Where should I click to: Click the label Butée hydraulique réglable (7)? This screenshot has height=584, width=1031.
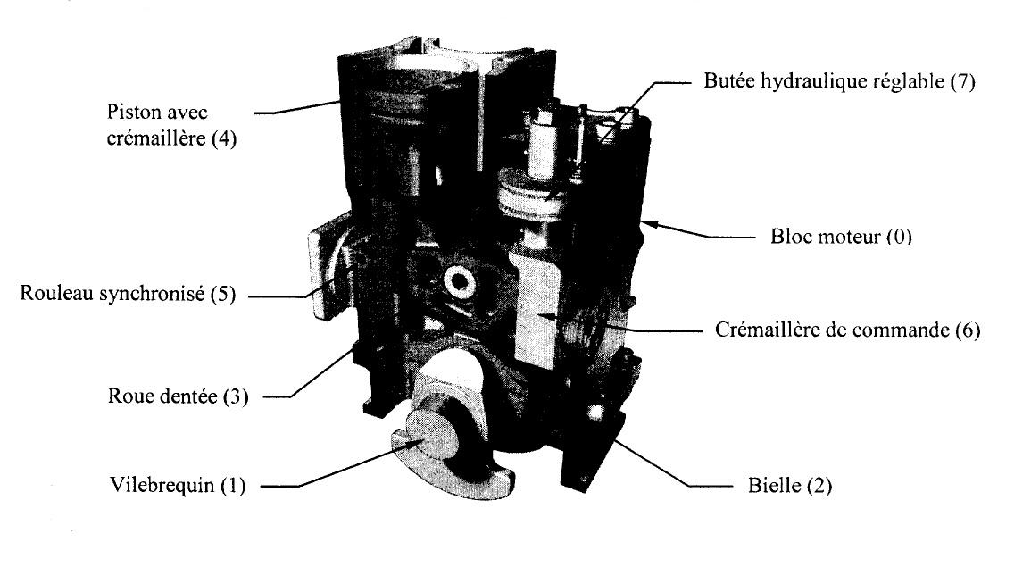(x=840, y=81)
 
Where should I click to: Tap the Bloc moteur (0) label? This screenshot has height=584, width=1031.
(x=841, y=236)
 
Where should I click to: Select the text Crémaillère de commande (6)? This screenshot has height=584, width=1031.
(x=847, y=329)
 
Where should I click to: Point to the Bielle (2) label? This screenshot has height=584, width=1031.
(x=790, y=486)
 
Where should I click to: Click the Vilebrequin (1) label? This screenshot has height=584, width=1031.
(x=178, y=486)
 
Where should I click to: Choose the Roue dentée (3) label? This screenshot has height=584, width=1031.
(x=179, y=396)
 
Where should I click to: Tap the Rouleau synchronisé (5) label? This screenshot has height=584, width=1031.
(x=128, y=293)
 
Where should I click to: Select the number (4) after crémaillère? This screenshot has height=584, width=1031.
(x=223, y=138)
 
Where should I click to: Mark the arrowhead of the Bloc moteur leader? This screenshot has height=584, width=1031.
(x=651, y=222)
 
